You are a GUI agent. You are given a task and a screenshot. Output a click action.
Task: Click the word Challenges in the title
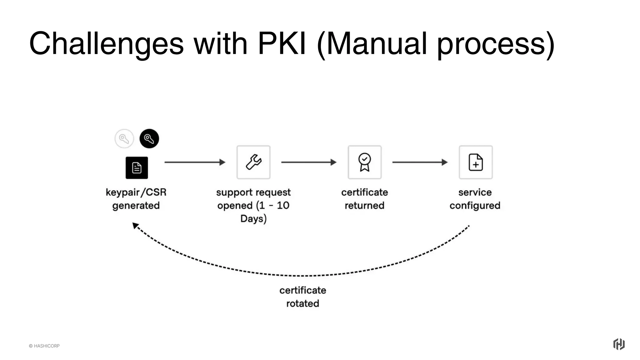[x=106, y=44]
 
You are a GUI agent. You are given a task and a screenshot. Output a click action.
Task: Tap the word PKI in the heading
[x=282, y=44]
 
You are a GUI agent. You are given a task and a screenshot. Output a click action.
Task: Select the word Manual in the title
[x=376, y=44]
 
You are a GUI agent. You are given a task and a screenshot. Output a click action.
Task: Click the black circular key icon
[x=149, y=138]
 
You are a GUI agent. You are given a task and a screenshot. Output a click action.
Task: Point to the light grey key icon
[x=124, y=138]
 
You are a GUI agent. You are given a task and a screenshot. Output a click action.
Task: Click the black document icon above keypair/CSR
[x=137, y=168]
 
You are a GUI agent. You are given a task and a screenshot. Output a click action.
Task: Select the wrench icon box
[x=253, y=162]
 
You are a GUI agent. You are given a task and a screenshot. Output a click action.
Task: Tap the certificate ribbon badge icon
[x=364, y=162]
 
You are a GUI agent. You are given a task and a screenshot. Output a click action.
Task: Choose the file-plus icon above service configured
[x=476, y=162]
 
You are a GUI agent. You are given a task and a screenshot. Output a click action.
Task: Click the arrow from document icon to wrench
[x=194, y=162]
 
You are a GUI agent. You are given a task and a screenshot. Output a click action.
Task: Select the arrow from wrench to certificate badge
[x=308, y=162]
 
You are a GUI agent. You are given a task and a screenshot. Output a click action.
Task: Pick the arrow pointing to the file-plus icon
[x=420, y=162]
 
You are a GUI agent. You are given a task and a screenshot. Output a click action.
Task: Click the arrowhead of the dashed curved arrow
[x=135, y=225]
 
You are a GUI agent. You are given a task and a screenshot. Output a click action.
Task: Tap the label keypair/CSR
[x=136, y=192]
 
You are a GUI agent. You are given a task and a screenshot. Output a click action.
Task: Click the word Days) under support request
[x=253, y=218]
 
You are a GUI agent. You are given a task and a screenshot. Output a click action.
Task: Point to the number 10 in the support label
[x=283, y=205]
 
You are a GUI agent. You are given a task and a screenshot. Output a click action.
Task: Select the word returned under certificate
[x=364, y=205]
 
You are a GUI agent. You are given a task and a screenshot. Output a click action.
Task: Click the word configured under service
[x=475, y=205]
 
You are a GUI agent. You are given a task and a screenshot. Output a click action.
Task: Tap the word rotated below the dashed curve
[x=302, y=303]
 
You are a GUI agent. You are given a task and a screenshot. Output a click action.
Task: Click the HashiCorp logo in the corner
[x=618, y=344]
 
